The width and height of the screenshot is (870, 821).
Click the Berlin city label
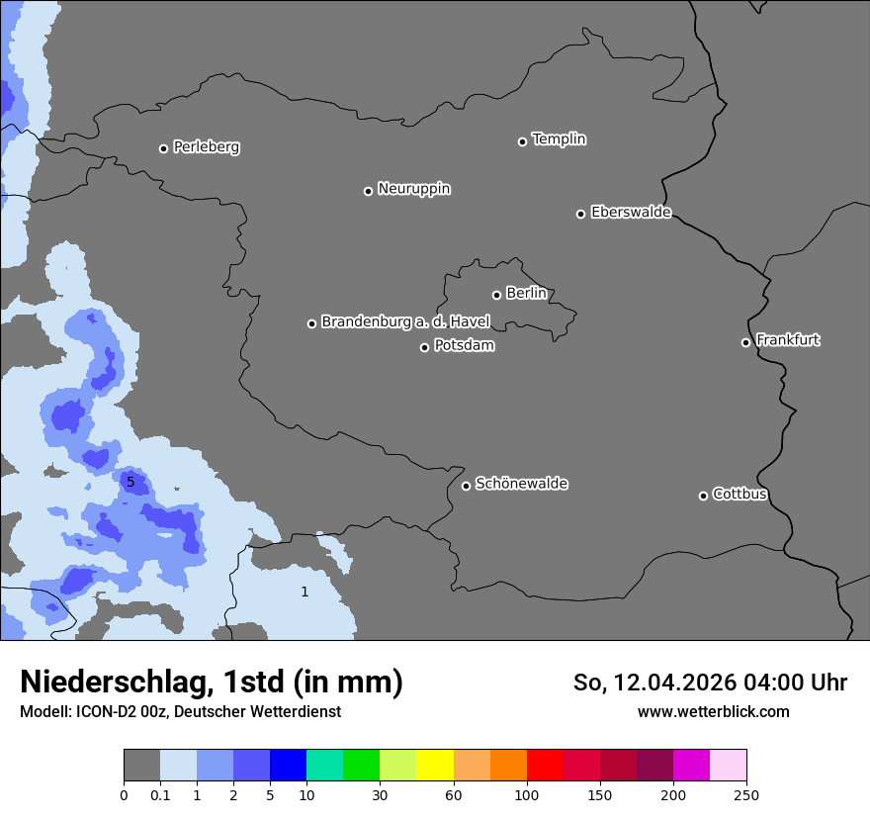pyautogui.click(x=526, y=294)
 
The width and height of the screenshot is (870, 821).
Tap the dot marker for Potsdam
pyautogui.click(x=425, y=347)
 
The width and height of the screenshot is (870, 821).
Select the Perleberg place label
pyautogui.click(x=207, y=147)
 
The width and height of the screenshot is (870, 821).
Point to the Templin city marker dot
pyautogui.click(x=523, y=141)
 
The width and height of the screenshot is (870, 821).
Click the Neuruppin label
pyautogui.click(x=414, y=189)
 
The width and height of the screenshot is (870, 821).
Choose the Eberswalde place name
pyautogui.click(x=631, y=213)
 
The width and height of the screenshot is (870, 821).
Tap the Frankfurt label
pyautogui.click(x=788, y=340)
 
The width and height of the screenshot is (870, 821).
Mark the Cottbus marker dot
pyautogui.click(x=704, y=496)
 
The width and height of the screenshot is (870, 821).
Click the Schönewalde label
pyautogui.click(x=522, y=484)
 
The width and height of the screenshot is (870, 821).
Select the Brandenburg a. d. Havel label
pyautogui.click(x=405, y=322)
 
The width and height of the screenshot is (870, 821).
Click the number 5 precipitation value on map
pyautogui.click(x=130, y=482)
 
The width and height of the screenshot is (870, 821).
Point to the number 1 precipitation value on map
pyautogui.click(x=304, y=592)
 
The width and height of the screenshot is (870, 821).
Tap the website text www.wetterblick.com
pyautogui.click(x=713, y=711)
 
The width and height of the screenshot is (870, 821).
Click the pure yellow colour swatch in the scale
pyautogui.click(x=435, y=766)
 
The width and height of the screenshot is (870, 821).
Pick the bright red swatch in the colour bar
pyautogui.click(x=545, y=766)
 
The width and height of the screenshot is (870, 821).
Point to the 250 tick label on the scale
pyautogui.click(x=746, y=794)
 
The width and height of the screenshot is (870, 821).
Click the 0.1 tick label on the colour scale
pyautogui.click(x=160, y=794)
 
